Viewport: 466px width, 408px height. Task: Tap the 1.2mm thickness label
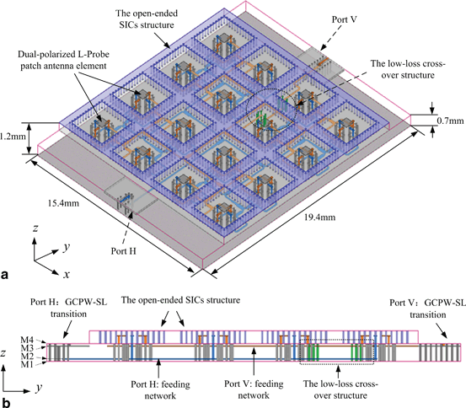pos(14,133)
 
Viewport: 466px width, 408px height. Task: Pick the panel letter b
pos(7,400)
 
